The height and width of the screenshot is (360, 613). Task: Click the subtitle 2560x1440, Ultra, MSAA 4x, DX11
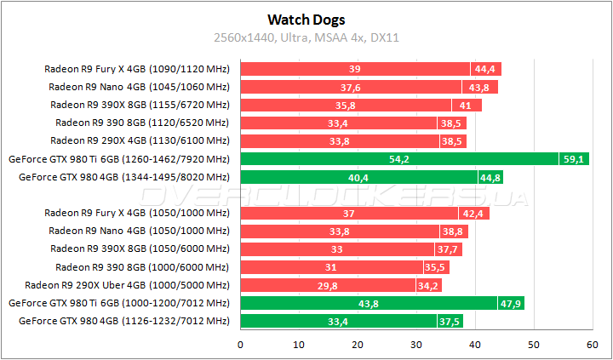coord(306,37)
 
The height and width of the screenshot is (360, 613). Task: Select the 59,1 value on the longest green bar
coord(572,159)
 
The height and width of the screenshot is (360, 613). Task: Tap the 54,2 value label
coord(398,159)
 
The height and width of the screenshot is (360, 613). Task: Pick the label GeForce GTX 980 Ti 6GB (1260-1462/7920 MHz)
coord(119,159)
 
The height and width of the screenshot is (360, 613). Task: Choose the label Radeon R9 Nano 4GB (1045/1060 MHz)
coord(139,87)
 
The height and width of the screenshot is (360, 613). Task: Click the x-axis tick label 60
coord(593,345)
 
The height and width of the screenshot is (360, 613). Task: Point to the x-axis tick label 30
coord(416,345)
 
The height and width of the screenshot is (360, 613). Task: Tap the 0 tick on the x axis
coord(241,345)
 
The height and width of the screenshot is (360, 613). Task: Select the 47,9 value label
coord(512,303)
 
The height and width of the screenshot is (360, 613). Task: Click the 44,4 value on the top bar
coord(486,69)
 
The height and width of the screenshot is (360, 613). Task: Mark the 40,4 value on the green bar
coord(358,177)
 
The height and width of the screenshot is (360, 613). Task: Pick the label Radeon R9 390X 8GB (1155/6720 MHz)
coord(140,105)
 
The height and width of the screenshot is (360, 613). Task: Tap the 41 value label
coord(467,105)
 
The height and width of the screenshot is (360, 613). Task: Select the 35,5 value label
coord(434,267)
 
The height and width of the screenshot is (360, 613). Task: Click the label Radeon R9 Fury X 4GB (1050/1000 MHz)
coord(137,213)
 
